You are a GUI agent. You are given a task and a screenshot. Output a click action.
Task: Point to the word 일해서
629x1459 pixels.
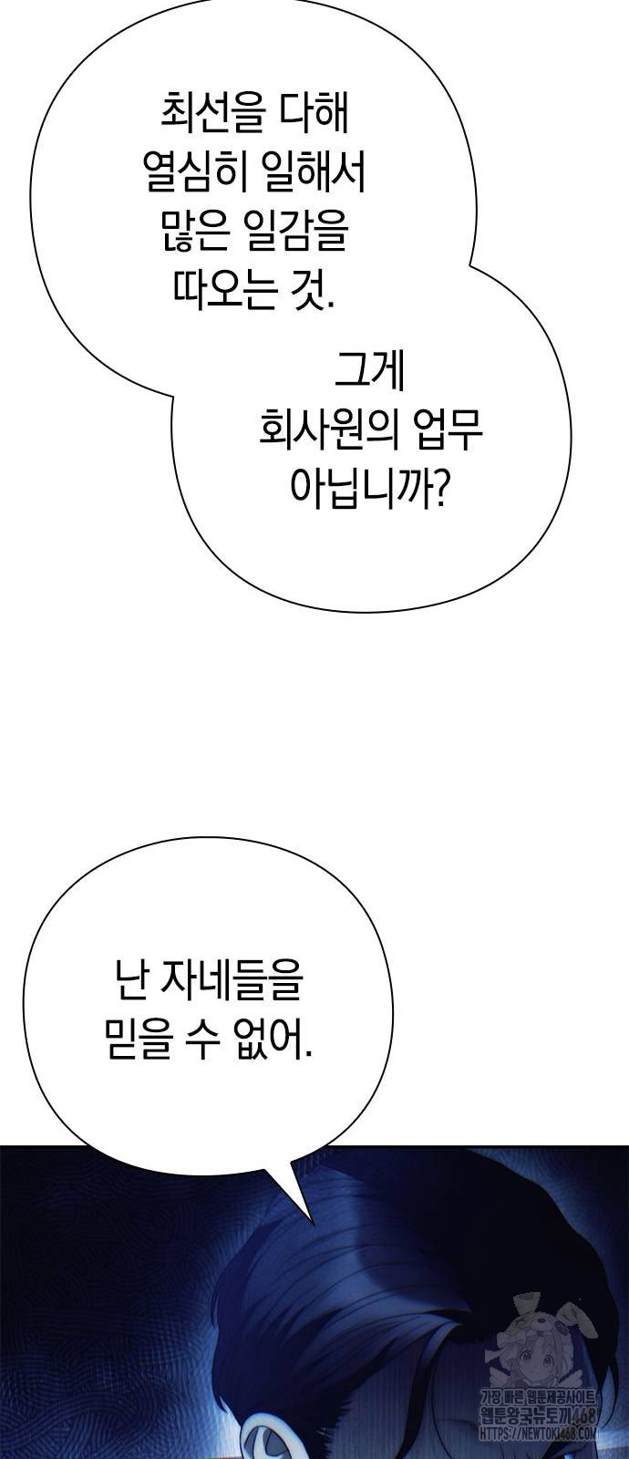coord(313,173)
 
